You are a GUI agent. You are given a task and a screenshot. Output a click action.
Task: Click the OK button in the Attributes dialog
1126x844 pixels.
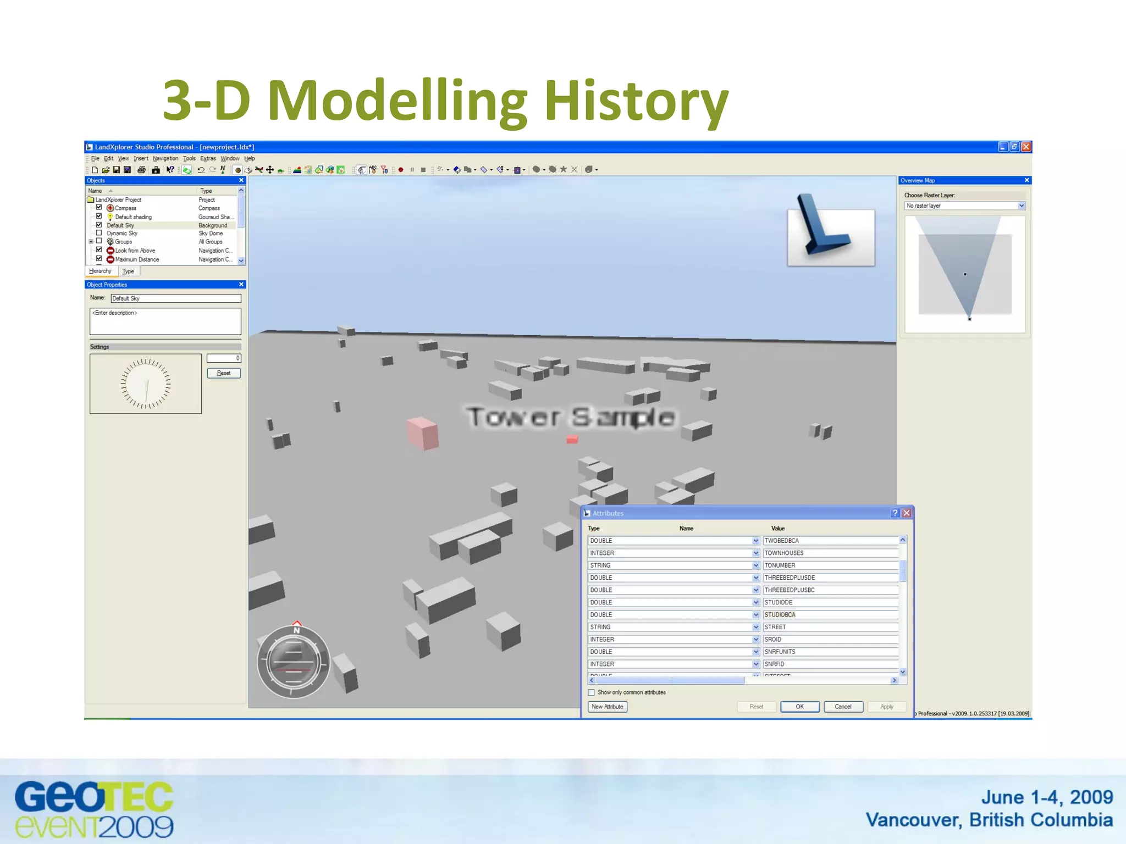click(x=799, y=707)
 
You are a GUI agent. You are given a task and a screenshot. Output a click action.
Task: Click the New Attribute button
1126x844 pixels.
click(x=608, y=707)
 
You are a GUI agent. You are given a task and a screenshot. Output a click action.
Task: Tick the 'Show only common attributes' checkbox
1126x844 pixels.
click(x=592, y=692)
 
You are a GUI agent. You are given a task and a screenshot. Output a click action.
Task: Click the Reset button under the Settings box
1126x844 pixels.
click(x=224, y=373)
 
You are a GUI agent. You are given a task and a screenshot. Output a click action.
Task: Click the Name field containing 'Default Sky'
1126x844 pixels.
click(x=175, y=298)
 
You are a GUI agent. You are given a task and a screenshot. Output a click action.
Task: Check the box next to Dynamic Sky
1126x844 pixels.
click(x=99, y=233)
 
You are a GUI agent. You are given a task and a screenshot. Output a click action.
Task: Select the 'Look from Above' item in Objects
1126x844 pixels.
click(x=135, y=251)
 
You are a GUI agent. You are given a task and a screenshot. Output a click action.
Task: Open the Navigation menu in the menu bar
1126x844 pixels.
click(x=165, y=158)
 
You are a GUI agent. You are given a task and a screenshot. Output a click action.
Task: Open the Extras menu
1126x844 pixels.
click(x=208, y=158)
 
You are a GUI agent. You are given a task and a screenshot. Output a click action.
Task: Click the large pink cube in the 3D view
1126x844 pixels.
click(x=423, y=433)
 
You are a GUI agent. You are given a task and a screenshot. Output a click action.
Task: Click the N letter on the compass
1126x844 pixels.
click(x=297, y=630)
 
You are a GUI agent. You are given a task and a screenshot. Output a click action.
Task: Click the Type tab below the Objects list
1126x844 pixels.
click(x=128, y=271)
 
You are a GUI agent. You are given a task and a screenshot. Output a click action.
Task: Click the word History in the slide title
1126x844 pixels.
click(x=636, y=101)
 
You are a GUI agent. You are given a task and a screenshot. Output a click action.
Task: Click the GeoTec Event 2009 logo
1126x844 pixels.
click(x=94, y=809)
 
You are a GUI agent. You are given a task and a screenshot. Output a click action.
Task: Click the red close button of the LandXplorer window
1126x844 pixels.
click(x=1026, y=147)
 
